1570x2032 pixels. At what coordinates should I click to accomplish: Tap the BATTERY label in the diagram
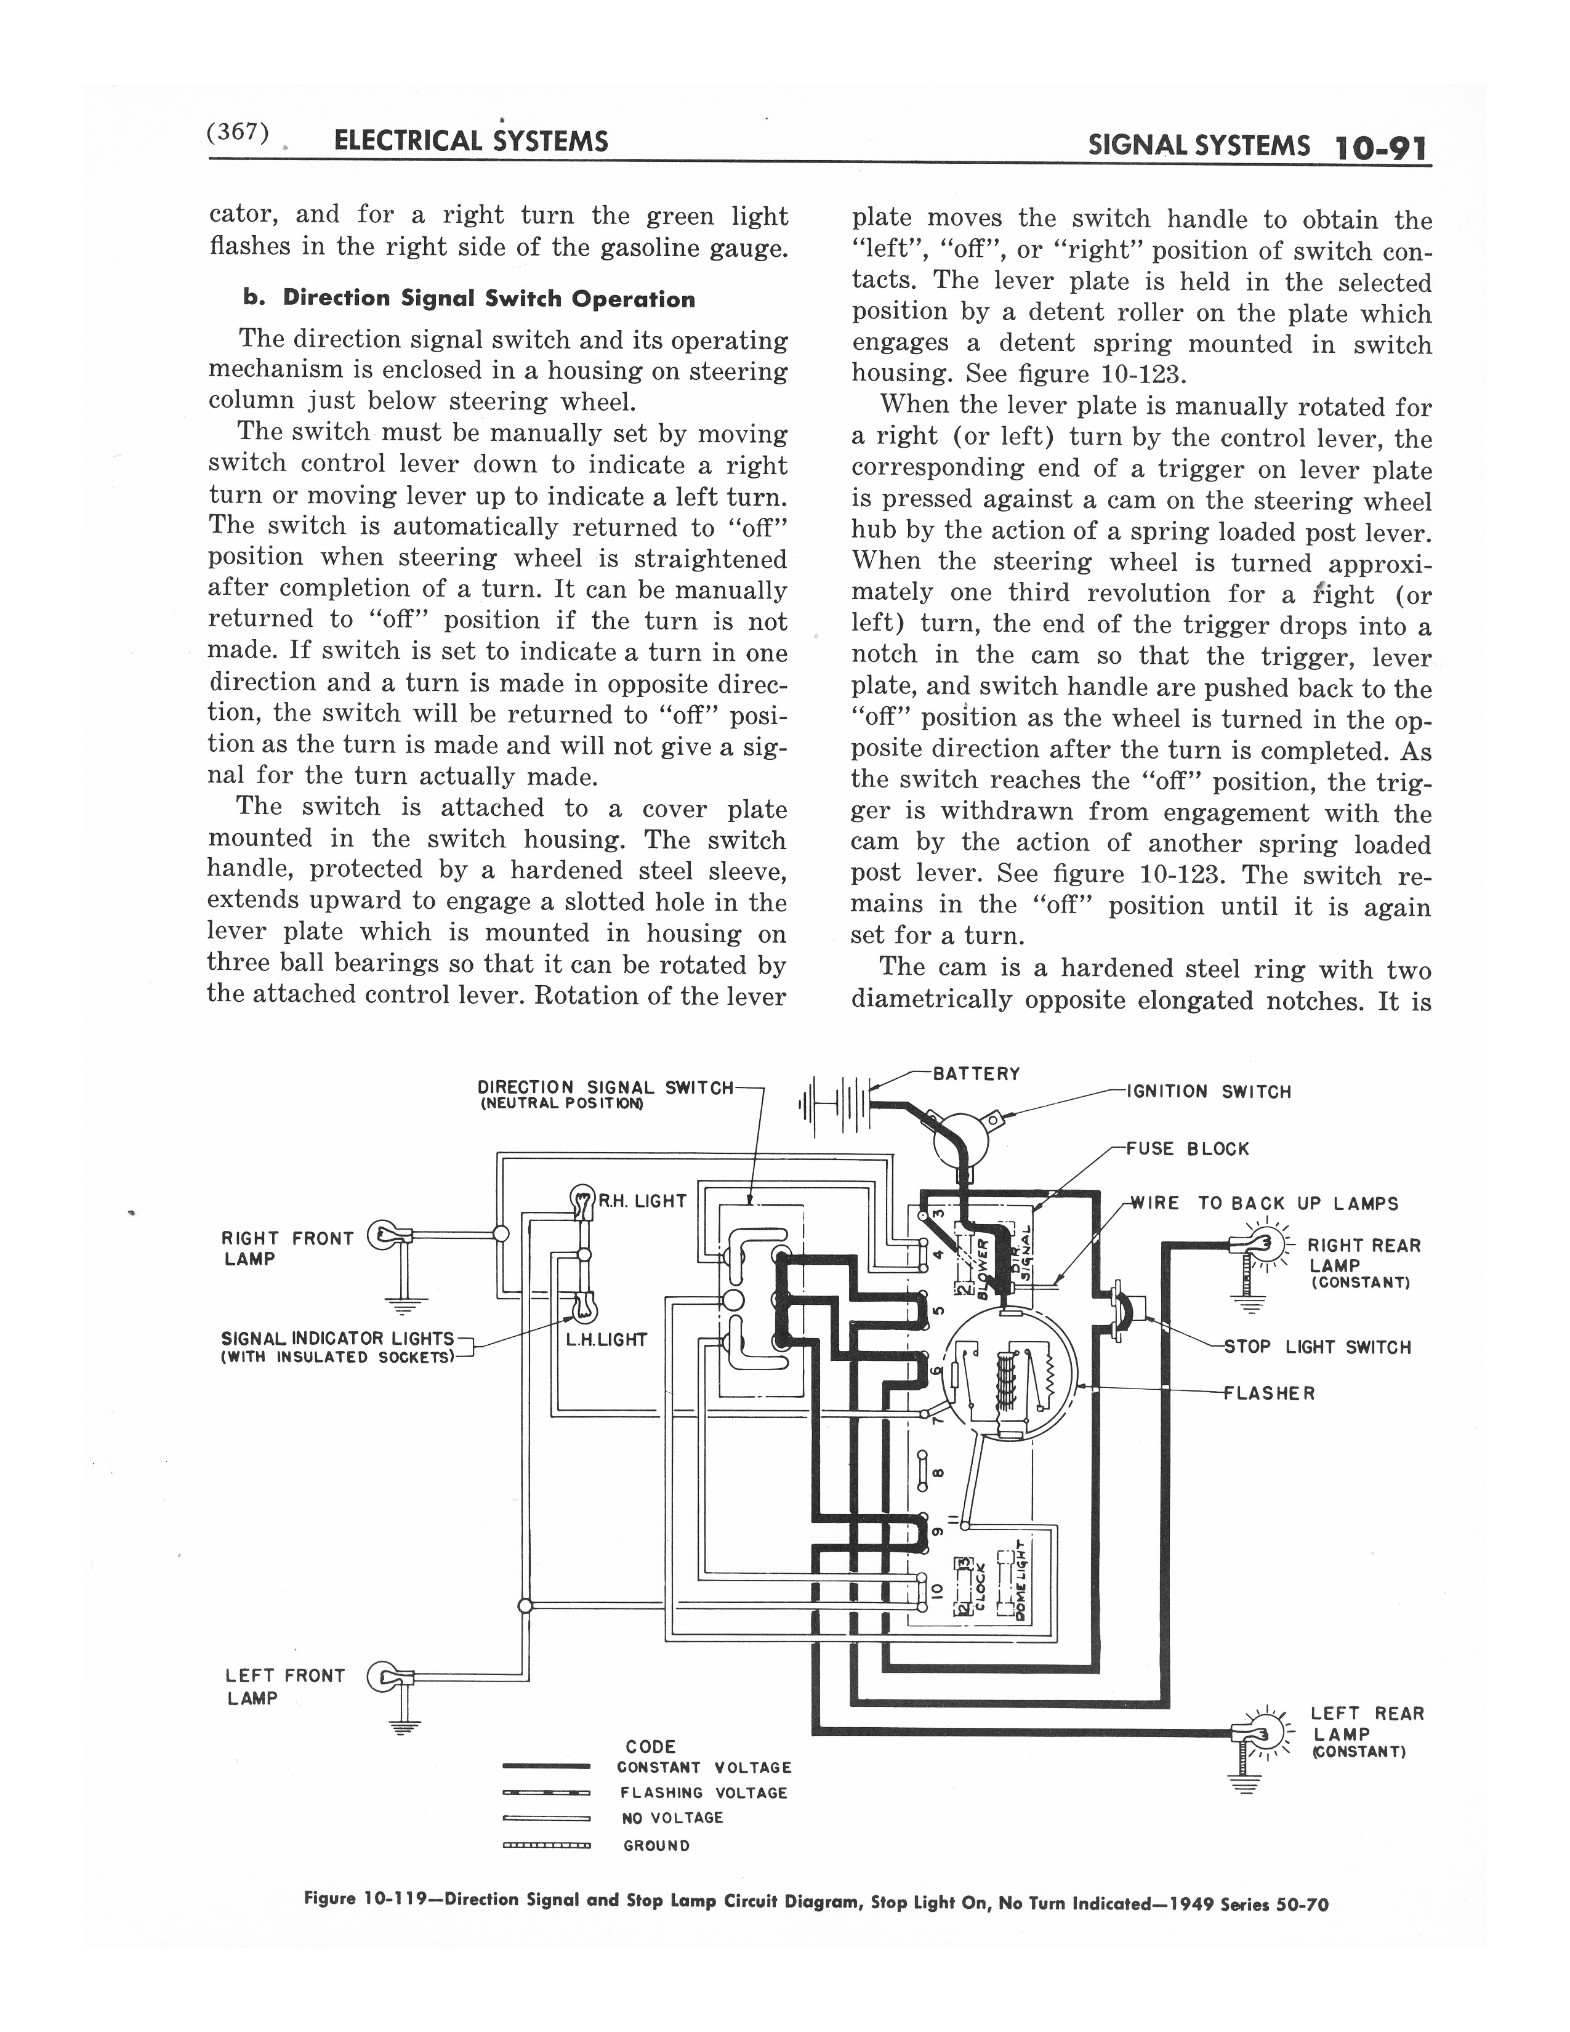pos(976,1074)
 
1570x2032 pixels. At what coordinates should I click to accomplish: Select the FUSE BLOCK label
pos(1187,1148)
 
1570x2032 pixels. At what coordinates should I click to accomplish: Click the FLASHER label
pos(1270,1393)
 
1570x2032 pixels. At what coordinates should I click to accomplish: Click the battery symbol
pos(834,1105)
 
